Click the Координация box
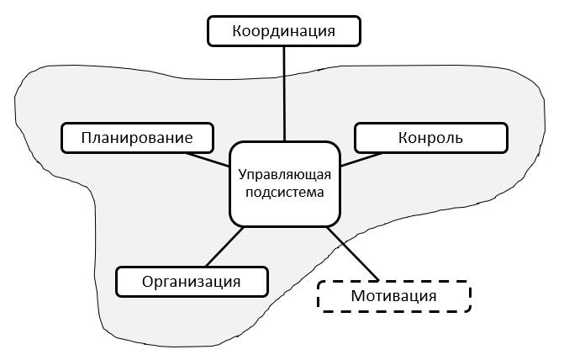(x=284, y=32)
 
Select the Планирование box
(x=138, y=137)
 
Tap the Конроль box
(x=430, y=137)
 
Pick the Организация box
(x=192, y=281)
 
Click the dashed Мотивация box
(x=393, y=296)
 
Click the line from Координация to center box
(x=284, y=93)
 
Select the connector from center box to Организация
(x=218, y=247)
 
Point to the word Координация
(x=284, y=32)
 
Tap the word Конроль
(x=430, y=137)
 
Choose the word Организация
(x=192, y=281)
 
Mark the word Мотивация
(x=393, y=296)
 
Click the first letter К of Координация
(x=236, y=32)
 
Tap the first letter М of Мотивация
(x=357, y=296)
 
